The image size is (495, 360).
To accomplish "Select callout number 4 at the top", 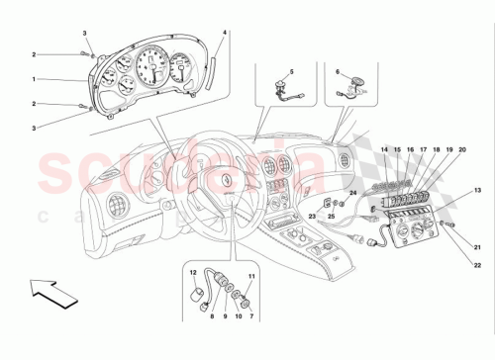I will tap(226, 34).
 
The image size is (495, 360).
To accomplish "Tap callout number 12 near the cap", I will tap(195, 271).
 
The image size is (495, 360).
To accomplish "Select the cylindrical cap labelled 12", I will tap(199, 293).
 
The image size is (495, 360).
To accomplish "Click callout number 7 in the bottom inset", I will tap(251, 317).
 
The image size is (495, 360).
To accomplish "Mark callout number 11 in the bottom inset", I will tap(251, 276).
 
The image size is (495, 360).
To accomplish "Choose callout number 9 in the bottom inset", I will tap(223, 317).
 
